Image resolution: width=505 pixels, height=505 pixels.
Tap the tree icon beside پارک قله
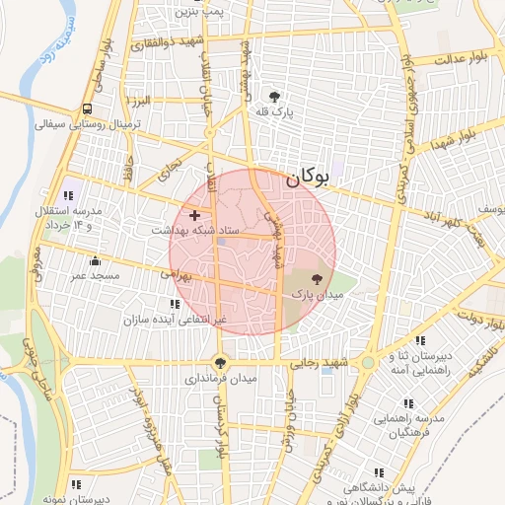pos(273,97)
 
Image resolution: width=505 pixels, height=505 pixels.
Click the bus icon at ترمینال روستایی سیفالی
pos(88,108)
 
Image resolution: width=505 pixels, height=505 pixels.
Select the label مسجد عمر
pos(93,276)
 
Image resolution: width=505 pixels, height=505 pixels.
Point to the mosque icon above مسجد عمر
pos(95,261)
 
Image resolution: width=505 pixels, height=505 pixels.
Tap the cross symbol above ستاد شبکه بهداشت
pos(194,215)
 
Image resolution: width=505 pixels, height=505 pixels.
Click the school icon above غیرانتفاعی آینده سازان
pos(175,304)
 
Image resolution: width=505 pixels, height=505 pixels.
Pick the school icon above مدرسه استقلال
pos(68,194)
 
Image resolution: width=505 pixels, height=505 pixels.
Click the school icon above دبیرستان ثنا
pos(421,341)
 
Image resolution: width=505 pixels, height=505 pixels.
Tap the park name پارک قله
pos(272,112)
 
